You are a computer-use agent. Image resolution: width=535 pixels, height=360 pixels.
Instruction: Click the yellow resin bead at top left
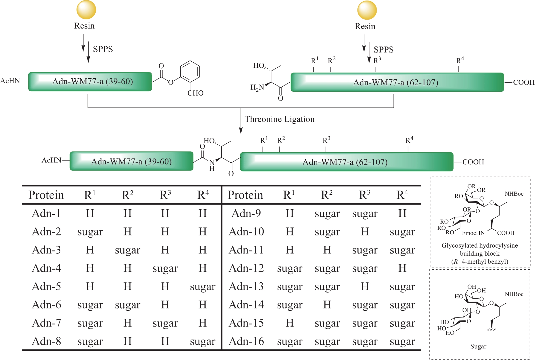[86, 10]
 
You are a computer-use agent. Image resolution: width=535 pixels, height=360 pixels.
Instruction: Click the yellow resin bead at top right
[367, 10]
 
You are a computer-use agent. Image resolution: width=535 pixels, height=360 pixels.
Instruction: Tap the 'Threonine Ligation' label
[279, 119]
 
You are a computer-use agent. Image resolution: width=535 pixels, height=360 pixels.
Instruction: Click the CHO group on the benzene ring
[195, 93]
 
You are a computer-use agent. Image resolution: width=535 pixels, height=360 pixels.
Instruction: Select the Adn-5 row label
[46, 287]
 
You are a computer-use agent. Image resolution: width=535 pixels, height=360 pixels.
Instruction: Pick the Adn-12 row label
[246, 268]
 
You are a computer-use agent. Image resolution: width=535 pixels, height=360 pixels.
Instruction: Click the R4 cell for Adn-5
[203, 287]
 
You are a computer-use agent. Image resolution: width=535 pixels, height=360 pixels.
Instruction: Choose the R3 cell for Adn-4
[165, 269]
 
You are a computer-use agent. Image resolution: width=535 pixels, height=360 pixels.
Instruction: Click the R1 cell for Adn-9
[290, 213]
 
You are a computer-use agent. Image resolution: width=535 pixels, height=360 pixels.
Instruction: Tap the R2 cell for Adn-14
[327, 305]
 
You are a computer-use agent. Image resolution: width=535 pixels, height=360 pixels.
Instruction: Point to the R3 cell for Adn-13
[365, 287]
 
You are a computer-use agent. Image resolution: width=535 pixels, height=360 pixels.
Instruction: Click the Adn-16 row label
[246, 341]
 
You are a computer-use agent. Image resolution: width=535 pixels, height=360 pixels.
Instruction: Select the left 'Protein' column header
[46, 195]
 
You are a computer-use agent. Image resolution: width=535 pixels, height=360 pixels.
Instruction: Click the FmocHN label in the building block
[473, 233]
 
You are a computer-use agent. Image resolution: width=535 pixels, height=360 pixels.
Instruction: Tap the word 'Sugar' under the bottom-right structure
[478, 346]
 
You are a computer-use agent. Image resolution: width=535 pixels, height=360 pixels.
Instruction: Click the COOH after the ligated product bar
[473, 162]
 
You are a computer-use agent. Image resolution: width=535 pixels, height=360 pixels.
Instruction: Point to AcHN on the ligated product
[52, 160]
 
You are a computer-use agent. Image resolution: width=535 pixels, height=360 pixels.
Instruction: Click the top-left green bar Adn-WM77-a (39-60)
[90, 82]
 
